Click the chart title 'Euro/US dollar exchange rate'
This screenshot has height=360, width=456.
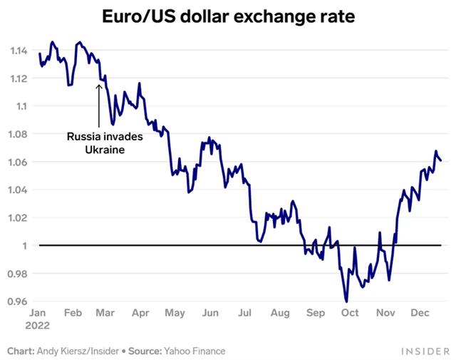tap(228, 16)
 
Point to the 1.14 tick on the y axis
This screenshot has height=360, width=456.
tap(19, 51)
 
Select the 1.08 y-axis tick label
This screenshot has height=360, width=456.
tap(19, 134)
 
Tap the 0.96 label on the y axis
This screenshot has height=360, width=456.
tap(19, 302)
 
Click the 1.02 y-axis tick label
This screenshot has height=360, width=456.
tap(19, 217)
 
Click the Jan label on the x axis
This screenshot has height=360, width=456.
tap(38, 312)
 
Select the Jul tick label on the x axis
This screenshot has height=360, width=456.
tap(244, 312)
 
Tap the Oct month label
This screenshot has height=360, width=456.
tap(349, 312)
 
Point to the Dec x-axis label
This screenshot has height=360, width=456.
tap(419, 312)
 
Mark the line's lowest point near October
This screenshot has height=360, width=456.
tap(346, 301)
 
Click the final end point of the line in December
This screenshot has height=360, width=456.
tap(441, 160)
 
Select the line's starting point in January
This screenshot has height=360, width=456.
tap(39, 53)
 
